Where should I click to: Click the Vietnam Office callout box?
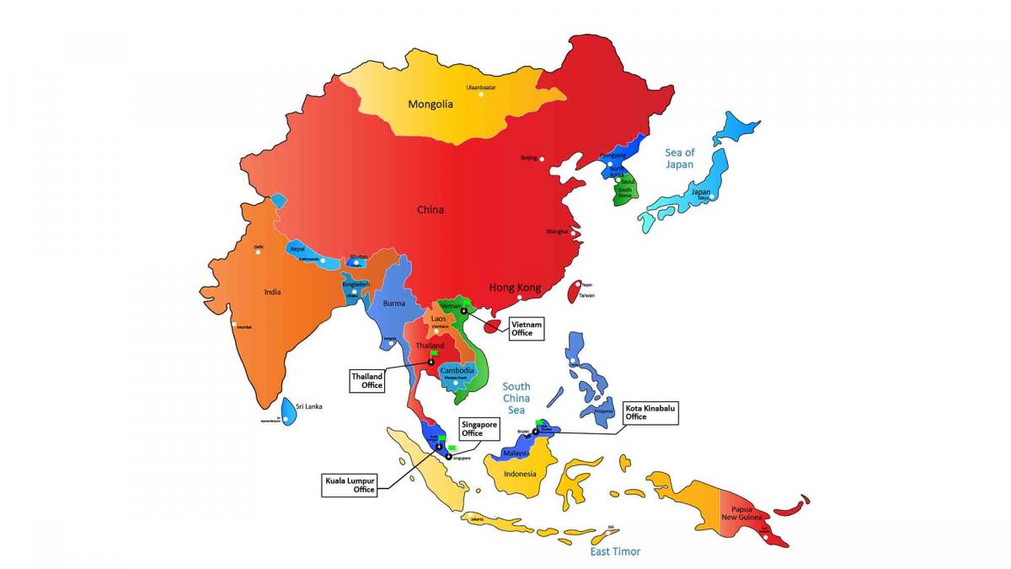(527, 328)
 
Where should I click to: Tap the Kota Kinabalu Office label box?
(650, 411)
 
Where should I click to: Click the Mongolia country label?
(431, 105)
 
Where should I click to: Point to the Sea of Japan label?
(679, 158)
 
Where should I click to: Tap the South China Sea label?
(516, 398)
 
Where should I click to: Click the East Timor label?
(614, 551)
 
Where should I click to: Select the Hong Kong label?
(515, 287)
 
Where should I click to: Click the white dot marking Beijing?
(543, 158)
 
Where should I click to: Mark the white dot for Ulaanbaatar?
(481, 94)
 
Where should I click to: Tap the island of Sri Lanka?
(289, 411)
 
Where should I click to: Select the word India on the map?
(272, 292)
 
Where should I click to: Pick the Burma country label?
(394, 303)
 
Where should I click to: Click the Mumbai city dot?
(234, 325)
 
